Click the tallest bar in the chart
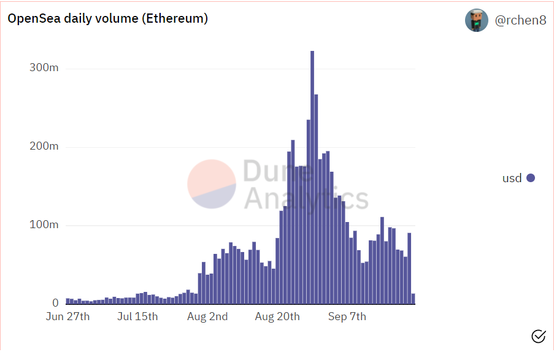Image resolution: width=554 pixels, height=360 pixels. (312, 178)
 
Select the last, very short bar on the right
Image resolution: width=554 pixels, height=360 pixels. (414, 299)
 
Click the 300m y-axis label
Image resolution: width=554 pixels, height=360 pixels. (44, 67)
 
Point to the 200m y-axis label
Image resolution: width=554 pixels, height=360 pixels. (44, 146)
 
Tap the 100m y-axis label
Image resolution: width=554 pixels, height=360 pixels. (44, 224)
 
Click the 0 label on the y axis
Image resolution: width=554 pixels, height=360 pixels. (55, 303)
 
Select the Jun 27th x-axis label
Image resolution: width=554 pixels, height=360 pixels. (67, 316)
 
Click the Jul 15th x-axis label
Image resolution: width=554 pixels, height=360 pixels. (137, 316)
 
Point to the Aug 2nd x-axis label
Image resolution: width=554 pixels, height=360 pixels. (207, 316)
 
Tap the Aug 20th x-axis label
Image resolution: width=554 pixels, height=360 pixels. (277, 316)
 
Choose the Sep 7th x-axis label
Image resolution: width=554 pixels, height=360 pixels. (347, 316)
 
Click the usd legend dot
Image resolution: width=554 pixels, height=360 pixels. (531, 178)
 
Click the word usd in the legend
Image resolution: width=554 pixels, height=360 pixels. (512, 178)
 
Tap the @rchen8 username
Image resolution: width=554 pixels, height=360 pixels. (520, 20)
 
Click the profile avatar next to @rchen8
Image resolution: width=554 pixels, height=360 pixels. (477, 20)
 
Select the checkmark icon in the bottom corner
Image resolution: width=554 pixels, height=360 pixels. (538, 335)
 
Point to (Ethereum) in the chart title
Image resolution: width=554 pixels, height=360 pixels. (175, 19)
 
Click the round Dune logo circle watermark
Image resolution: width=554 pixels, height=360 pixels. (212, 183)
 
